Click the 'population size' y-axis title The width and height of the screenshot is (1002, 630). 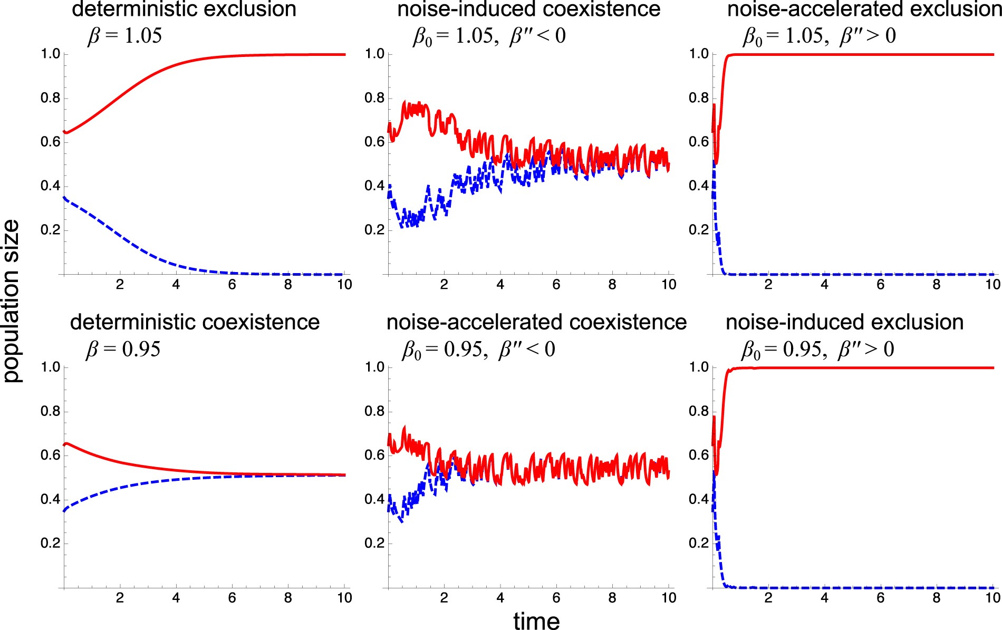tap(12, 301)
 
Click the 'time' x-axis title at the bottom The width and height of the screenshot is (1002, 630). tap(536, 621)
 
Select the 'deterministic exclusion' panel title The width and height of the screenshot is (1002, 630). tap(184, 9)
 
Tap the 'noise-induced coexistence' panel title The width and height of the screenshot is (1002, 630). tap(528, 9)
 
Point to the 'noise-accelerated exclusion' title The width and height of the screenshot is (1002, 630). tap(864, 9)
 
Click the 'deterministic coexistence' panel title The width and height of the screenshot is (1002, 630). tap(195, 322)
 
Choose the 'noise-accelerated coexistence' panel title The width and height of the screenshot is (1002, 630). tap(536, 322)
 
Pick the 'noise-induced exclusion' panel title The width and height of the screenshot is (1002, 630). tap(844, 322)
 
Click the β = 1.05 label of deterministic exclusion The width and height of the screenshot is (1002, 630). tap(124, 36)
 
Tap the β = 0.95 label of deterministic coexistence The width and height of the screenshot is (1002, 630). tap(123, 349)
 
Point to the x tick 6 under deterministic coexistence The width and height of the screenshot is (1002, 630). tap(232, 598)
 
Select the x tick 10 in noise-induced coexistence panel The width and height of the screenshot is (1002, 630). tap(668, 285)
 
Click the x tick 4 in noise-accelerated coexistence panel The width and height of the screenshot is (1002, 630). tap(500, 598)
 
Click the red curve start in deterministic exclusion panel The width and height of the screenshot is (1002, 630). tap(65, 132)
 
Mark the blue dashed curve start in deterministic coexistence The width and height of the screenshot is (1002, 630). tap(65, 510)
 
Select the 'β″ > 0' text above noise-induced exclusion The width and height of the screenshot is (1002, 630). tap(865, 349)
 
